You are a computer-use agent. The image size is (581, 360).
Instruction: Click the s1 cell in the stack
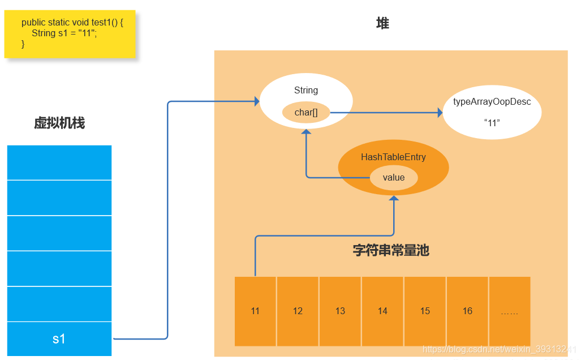coord(59,339)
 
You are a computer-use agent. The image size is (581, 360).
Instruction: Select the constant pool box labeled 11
coord(255,311)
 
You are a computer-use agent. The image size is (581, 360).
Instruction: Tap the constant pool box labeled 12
coord(298,311)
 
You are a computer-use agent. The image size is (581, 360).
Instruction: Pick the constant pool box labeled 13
coord(340,311)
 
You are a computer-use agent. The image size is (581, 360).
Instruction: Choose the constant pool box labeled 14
coord(382,311)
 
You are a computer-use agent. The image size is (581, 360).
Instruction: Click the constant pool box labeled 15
coord(425,311)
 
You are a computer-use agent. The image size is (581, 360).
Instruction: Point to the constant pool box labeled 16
coord(467,311)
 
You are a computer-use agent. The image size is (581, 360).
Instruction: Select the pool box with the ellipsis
coord(509,311)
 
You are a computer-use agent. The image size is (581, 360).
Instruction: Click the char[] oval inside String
coord(306,113)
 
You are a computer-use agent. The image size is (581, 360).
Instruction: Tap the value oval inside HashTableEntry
coord(394,178)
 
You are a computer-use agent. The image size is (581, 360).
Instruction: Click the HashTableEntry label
coord(393,157)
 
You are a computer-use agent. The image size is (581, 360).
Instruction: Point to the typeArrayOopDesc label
coord(492,102)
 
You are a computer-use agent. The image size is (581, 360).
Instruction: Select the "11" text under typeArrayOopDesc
coord(492,122)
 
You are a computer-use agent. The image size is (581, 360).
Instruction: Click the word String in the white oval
coord(306,91)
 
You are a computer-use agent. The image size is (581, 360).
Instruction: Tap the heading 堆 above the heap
coord(382,24)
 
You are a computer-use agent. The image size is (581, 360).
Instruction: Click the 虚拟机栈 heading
coord(59,123)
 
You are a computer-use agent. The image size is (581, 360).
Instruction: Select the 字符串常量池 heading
coord(391,250)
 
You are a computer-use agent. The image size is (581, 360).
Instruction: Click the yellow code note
coord(70,33)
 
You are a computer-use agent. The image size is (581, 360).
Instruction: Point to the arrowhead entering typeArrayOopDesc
coord(440,113)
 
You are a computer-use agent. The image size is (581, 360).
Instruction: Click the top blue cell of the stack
coord(59,162)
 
